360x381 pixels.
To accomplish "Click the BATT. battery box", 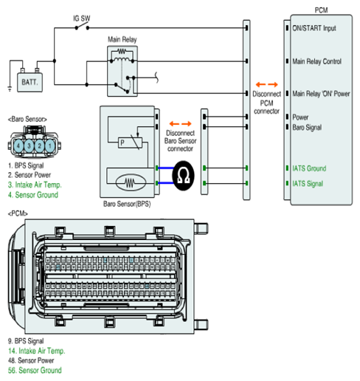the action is point(30,82).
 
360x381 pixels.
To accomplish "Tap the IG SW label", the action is point(82,18).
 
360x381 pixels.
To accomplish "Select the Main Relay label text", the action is point(122,39).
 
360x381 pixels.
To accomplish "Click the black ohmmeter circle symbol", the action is point(183,176).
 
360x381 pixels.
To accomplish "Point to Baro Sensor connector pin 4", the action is point(18,145).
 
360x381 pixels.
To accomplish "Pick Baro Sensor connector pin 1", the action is point(50,145).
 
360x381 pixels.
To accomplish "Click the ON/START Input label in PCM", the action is point(314,28).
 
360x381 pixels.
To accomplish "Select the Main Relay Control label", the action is point(316,61).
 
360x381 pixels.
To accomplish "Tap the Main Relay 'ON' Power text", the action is point(321,94).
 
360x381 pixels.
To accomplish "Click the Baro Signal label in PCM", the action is point(307,127).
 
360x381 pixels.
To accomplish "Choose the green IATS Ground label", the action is point(309,168).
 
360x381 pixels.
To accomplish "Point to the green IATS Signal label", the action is point(308,184).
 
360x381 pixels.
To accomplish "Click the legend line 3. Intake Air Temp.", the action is point(35,185).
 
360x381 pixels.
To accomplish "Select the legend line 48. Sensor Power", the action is point(31,360).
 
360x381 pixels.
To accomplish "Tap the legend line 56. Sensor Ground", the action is point(35,370).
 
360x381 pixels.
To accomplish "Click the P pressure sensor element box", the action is point(130,143).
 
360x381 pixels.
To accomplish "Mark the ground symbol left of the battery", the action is point(10,89).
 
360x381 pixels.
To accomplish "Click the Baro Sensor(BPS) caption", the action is point(127,204).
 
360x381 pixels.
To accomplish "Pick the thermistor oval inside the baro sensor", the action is point(131,182).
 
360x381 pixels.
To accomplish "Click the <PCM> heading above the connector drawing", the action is point(18,213).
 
